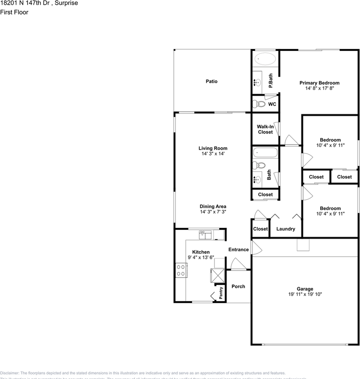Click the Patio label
click(x=211, y=81)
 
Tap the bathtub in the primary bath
click(x=265, y=59)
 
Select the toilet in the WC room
click(x=260, y=104)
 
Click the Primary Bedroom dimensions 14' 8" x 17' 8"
click(x=319, y=88)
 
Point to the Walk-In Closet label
click(x=265, y=129)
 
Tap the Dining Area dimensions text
click(x=213, y=212)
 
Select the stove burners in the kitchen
click(x=181, y=270)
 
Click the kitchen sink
click(x=205, y=235)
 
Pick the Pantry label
click(x=221, y=292)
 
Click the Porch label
click(x=238, y=286)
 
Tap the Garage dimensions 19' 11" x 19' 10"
click(x=305, y=295)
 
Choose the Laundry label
click(x=285, y=229)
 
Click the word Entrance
click(x=239, y=250)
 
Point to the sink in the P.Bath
click(x=257, y=83)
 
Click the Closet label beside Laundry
click(x=260, y=229)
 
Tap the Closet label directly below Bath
click(x=265, y=195)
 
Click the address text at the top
click(x=39, y=3)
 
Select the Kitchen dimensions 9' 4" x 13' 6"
click(x=201, y=257)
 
